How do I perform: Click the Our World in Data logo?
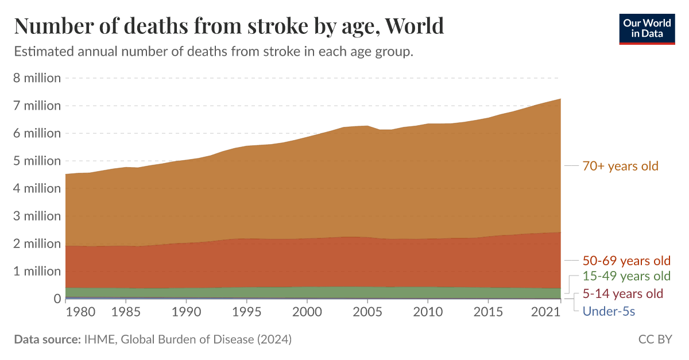tap(647, 28)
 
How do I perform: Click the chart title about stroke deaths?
tap(229, 26)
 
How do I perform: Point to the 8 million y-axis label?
tap(37, 78)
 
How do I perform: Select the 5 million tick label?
tap(37, 161)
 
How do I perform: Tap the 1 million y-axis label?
tap(37, 271)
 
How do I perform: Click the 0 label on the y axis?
tap(57, 299)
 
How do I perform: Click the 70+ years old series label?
tap(621, 166)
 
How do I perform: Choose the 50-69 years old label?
tap(626, 261)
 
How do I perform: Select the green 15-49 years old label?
tap(626, 276)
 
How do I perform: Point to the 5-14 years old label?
tap(623, 294)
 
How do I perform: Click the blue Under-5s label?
tap(609, 311)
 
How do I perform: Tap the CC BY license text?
tap(655, 339)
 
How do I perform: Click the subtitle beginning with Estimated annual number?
tap(214, 52)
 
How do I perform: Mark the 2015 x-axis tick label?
tap(488, 312)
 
